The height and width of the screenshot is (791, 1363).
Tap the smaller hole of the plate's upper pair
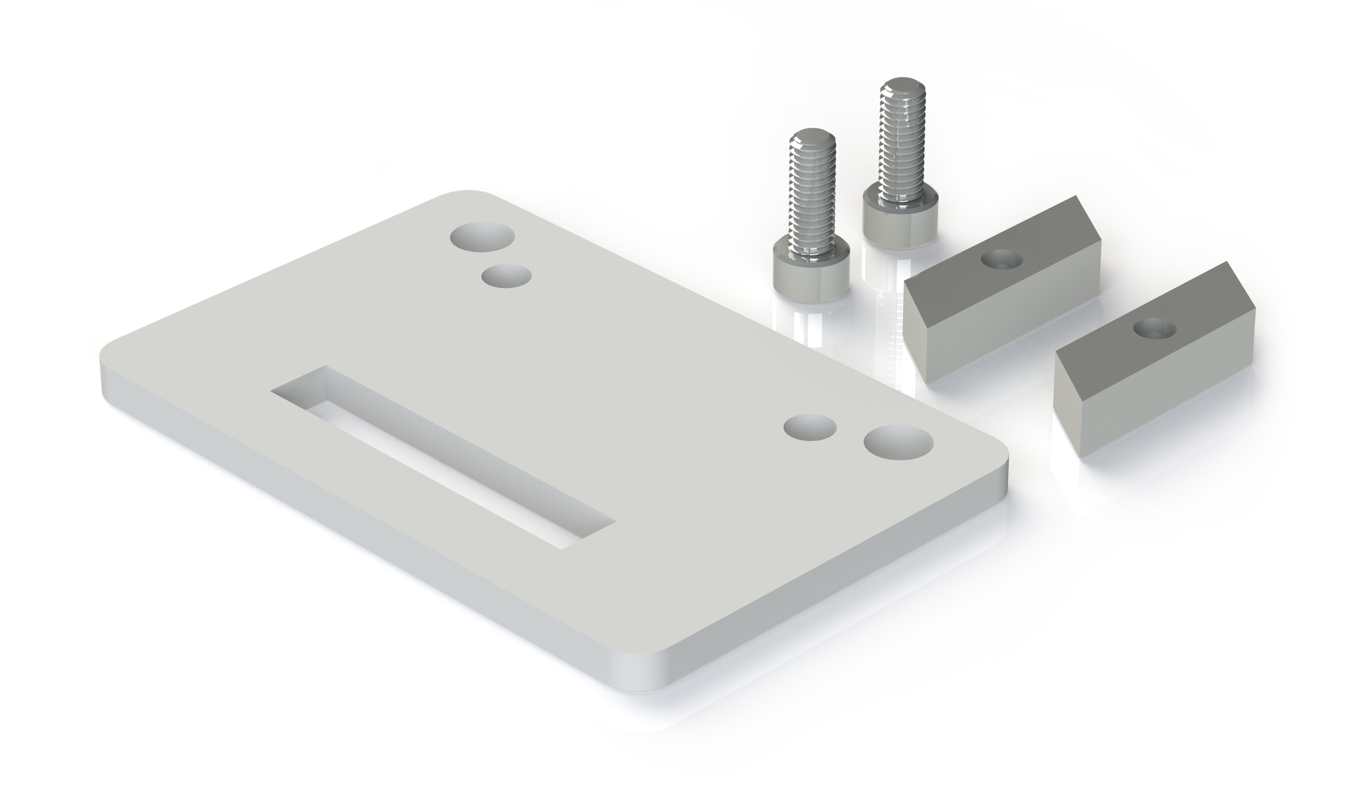[506, 276]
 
